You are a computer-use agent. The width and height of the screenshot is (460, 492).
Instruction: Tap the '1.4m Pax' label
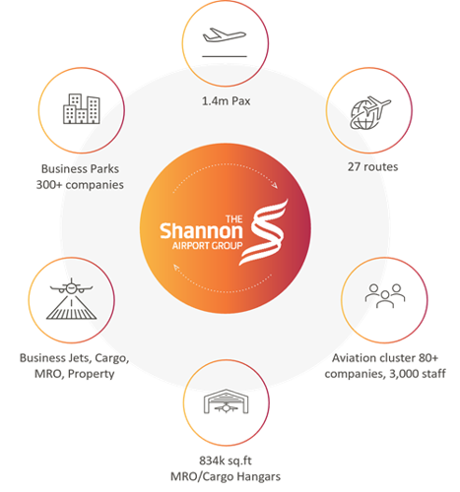tap(226, 101)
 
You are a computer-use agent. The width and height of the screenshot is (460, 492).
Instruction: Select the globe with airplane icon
tap(370, 113)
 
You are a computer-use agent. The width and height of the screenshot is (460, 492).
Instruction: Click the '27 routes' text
tap(372, 166)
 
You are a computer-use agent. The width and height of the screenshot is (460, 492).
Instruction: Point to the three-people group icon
tap(385, 295)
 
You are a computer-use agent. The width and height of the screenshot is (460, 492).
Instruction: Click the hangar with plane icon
tap(226, 401)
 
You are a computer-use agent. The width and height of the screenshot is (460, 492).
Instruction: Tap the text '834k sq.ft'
tap(226, 461)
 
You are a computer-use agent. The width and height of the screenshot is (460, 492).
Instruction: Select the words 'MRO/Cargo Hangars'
tap(226, 476)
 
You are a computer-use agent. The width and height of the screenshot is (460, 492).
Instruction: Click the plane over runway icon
tap(71, 299)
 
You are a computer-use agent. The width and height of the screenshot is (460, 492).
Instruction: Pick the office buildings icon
tap(82, 109)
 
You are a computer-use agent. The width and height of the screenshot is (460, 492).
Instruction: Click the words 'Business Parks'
tap(80, 168)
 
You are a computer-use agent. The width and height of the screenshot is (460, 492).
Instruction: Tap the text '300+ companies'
tap(80, 185)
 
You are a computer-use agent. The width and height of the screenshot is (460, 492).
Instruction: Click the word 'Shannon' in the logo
tap(201, 231)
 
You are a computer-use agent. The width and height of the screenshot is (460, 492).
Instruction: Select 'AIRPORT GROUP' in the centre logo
tap(207, 246)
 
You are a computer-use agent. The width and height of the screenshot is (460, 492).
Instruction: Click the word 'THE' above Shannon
tap(234, 219)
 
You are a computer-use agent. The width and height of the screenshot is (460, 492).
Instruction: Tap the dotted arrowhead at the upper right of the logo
tap(275, 185)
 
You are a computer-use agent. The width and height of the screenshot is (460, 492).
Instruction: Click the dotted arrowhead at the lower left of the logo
tap(176, 268)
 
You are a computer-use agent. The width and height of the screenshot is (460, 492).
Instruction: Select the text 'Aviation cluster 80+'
tap(385, 358)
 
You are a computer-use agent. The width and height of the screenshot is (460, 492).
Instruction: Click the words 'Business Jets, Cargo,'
tap(74, 358)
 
